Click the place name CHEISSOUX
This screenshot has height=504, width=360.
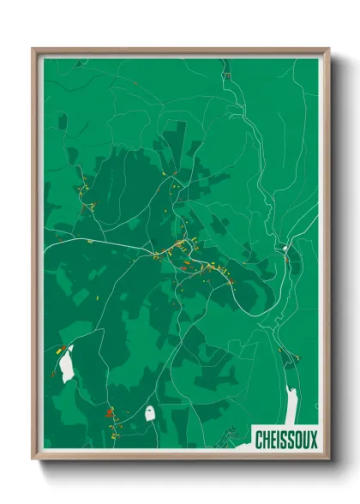(x=286, y=440)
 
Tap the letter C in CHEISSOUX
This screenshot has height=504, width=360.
(x=260, y=440)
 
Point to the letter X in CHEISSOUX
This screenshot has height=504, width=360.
(x=313, y=440)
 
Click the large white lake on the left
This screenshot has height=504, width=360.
(x=66, y=364)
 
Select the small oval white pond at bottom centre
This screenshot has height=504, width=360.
(x=150, y=412)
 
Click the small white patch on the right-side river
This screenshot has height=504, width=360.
(x=285, y=249)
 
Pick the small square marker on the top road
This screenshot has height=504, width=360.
(x=226, y=75)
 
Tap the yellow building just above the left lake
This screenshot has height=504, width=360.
(x=61, y=347)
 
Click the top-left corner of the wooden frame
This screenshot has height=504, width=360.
(x=33, y=49)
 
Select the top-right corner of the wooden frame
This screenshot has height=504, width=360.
(x=329, y=49)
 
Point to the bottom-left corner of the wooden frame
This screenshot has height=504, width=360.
(x=33, y=460)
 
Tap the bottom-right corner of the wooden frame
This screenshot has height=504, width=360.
(x=329, y=460)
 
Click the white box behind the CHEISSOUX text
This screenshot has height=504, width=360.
(x=286, y=440)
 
